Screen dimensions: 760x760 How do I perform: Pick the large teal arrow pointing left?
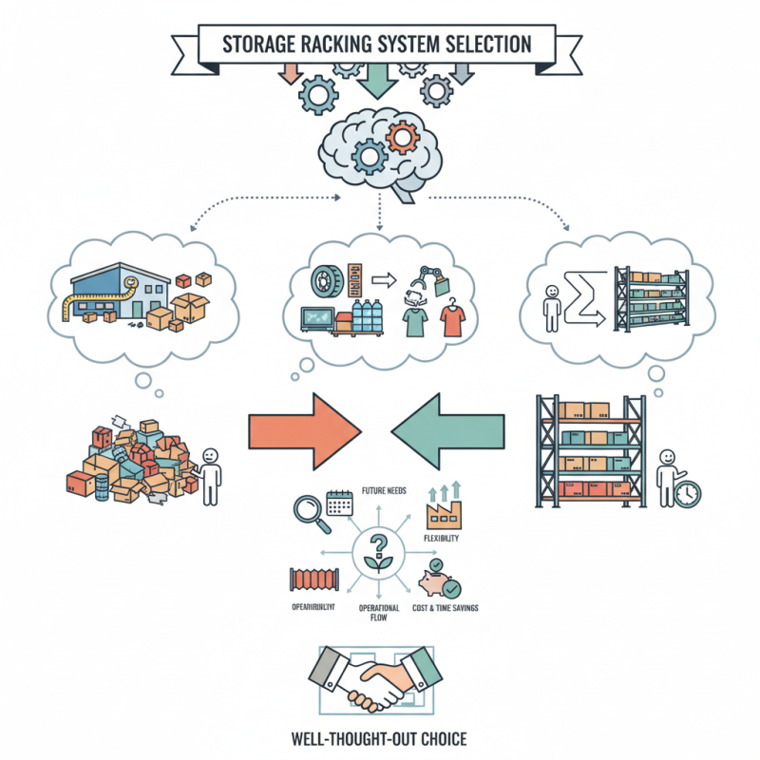point(452,429)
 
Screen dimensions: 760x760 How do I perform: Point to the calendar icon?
point(339,501)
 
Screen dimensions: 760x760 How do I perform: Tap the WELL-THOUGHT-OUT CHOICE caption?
point(380,736)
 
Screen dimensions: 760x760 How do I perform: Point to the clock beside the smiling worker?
point(688,494)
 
